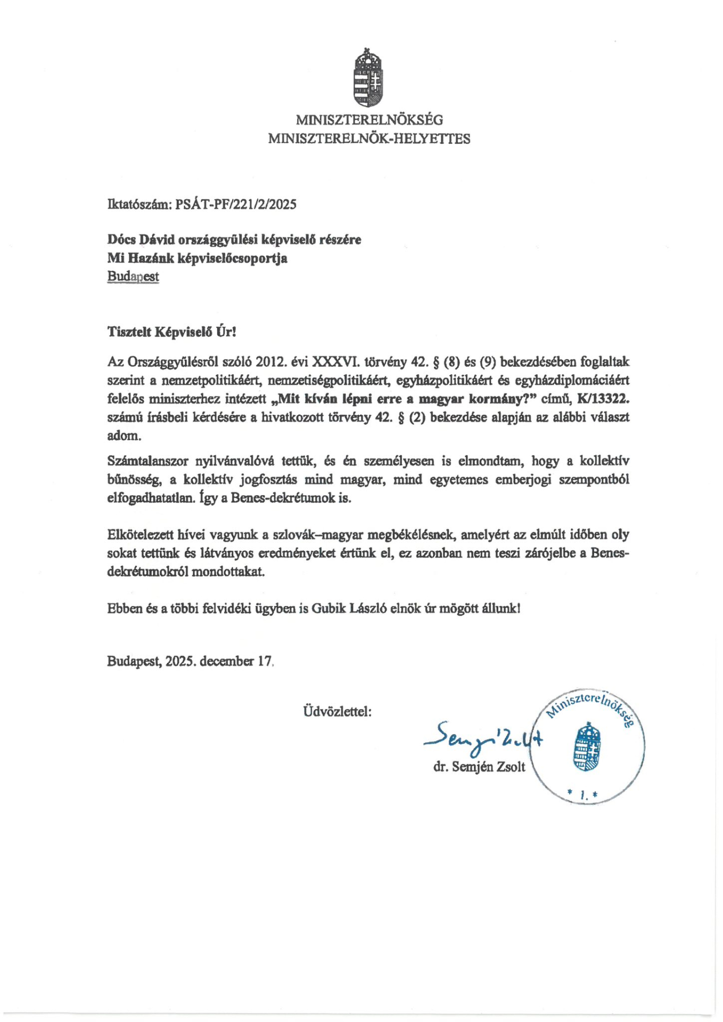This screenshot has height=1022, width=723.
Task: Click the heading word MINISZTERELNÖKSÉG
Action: [x=369, y=120]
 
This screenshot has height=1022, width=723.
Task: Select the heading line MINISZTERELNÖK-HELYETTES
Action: [x=369, y=139]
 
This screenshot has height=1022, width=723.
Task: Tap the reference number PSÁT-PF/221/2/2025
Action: [x=236, y=204]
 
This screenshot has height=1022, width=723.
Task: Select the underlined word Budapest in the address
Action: [x=133, y=277]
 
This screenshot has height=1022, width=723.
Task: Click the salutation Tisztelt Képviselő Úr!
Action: [x=171, y=333]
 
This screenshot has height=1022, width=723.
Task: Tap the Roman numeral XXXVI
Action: [x=336, y=362]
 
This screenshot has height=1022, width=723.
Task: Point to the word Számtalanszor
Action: [x=146, y=461]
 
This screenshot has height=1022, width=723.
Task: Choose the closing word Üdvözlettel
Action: [x=338, y=711]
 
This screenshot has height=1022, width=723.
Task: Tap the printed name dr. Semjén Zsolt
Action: [x=479, y=767]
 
